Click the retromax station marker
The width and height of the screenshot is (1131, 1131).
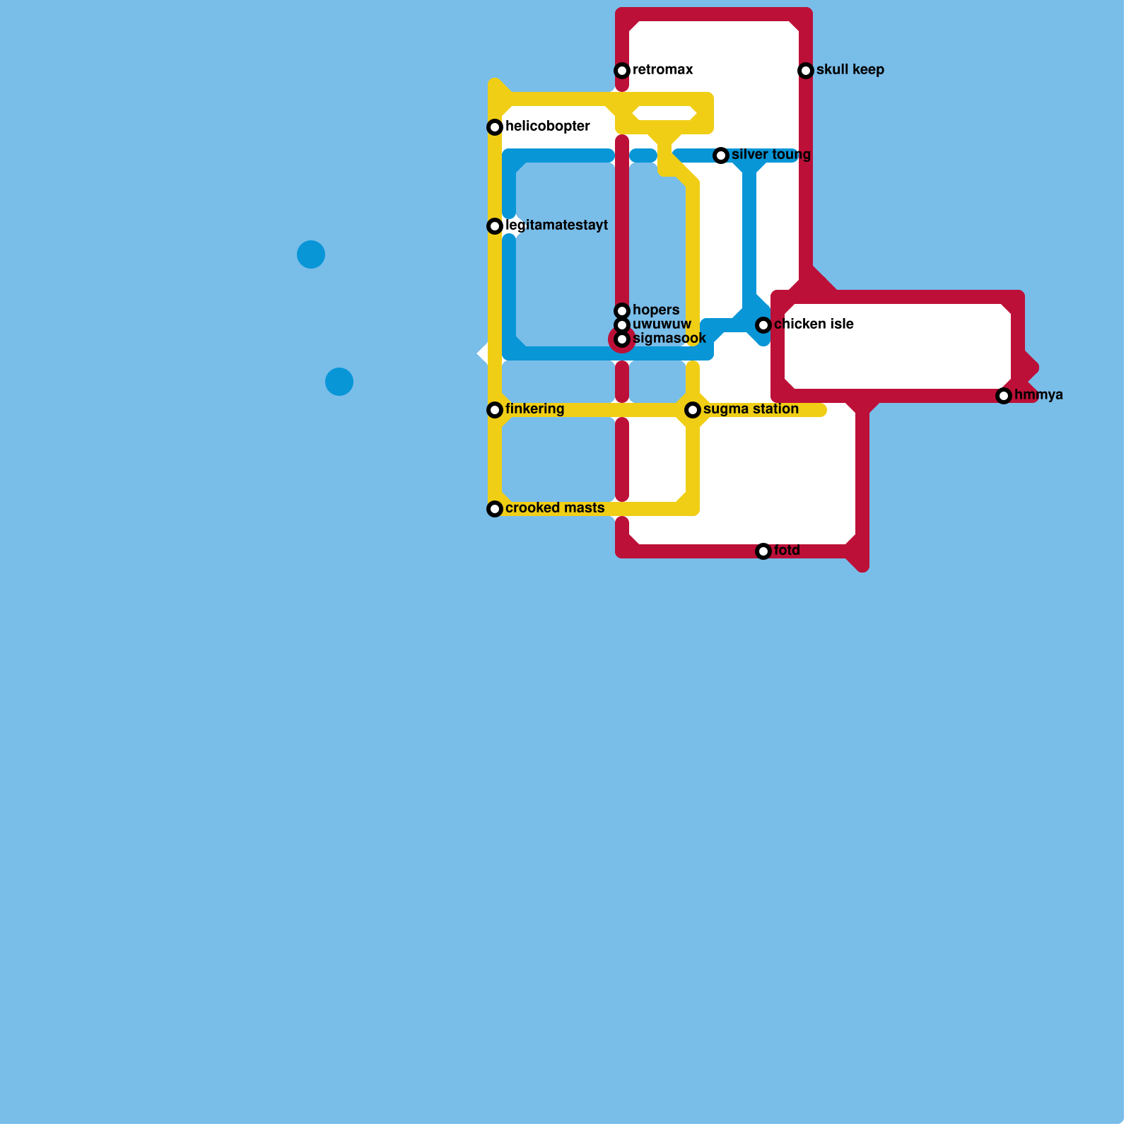tap(622, 71)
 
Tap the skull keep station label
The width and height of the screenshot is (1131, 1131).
tap(850, 70)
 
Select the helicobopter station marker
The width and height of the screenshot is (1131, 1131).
tap(495, 127)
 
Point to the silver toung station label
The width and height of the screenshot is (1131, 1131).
tap(770, 155)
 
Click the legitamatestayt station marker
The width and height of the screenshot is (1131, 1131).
tap(495, 226)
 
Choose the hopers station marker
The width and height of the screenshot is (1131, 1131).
tap(622, 311)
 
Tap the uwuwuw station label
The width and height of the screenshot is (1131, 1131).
tap(662, 324)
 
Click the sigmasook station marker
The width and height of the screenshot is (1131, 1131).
tap(622, 339)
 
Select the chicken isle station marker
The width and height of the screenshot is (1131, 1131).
tap(763, 325)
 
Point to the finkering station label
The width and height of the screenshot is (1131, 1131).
tap(534, 409)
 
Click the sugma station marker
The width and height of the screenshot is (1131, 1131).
tap(693, 410)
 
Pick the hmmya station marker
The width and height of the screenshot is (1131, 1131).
tap(1004, 396)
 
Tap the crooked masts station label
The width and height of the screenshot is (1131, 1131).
tap(555, 508)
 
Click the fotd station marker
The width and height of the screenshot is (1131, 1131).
tap(763, 551)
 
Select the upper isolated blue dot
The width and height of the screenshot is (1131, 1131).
tap(311, 254)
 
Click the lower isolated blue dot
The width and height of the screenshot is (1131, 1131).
tap(339, 382)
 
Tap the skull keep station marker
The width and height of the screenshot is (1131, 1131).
tap(806, 71)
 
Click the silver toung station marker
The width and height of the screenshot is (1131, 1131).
tap(721, 156)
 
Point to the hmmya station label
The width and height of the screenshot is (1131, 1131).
tap(1038, 395)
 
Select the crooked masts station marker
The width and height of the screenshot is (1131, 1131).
tap(495, 509)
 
